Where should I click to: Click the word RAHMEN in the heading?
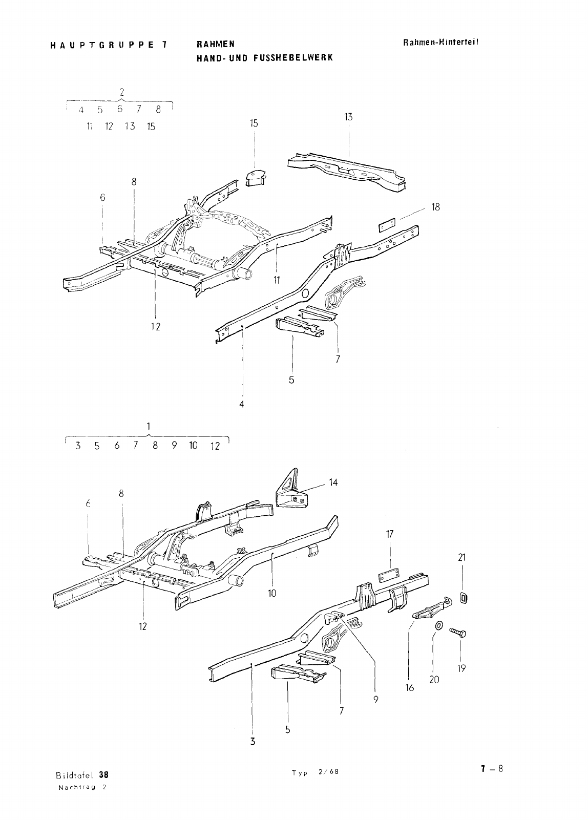tap(215, 44)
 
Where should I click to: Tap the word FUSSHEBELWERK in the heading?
tap(293, 58)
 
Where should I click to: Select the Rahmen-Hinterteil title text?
tap(441, 42)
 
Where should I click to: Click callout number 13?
tap(348, 117)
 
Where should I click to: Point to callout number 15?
tap(254, 123)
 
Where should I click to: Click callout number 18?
tap(435, 207)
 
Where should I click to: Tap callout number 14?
tap(333, 482)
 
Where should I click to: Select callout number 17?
tap(390, 534)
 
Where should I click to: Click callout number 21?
tap(462, 558)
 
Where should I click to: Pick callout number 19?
tap(461, 668)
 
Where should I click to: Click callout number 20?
tap(434, 680)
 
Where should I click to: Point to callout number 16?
tap(410, 688)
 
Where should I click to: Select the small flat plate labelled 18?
tap(387, 225)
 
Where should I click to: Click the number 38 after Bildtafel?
tap(104, 775)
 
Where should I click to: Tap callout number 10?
tap(272, 594)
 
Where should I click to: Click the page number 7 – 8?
tap(492, 769)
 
